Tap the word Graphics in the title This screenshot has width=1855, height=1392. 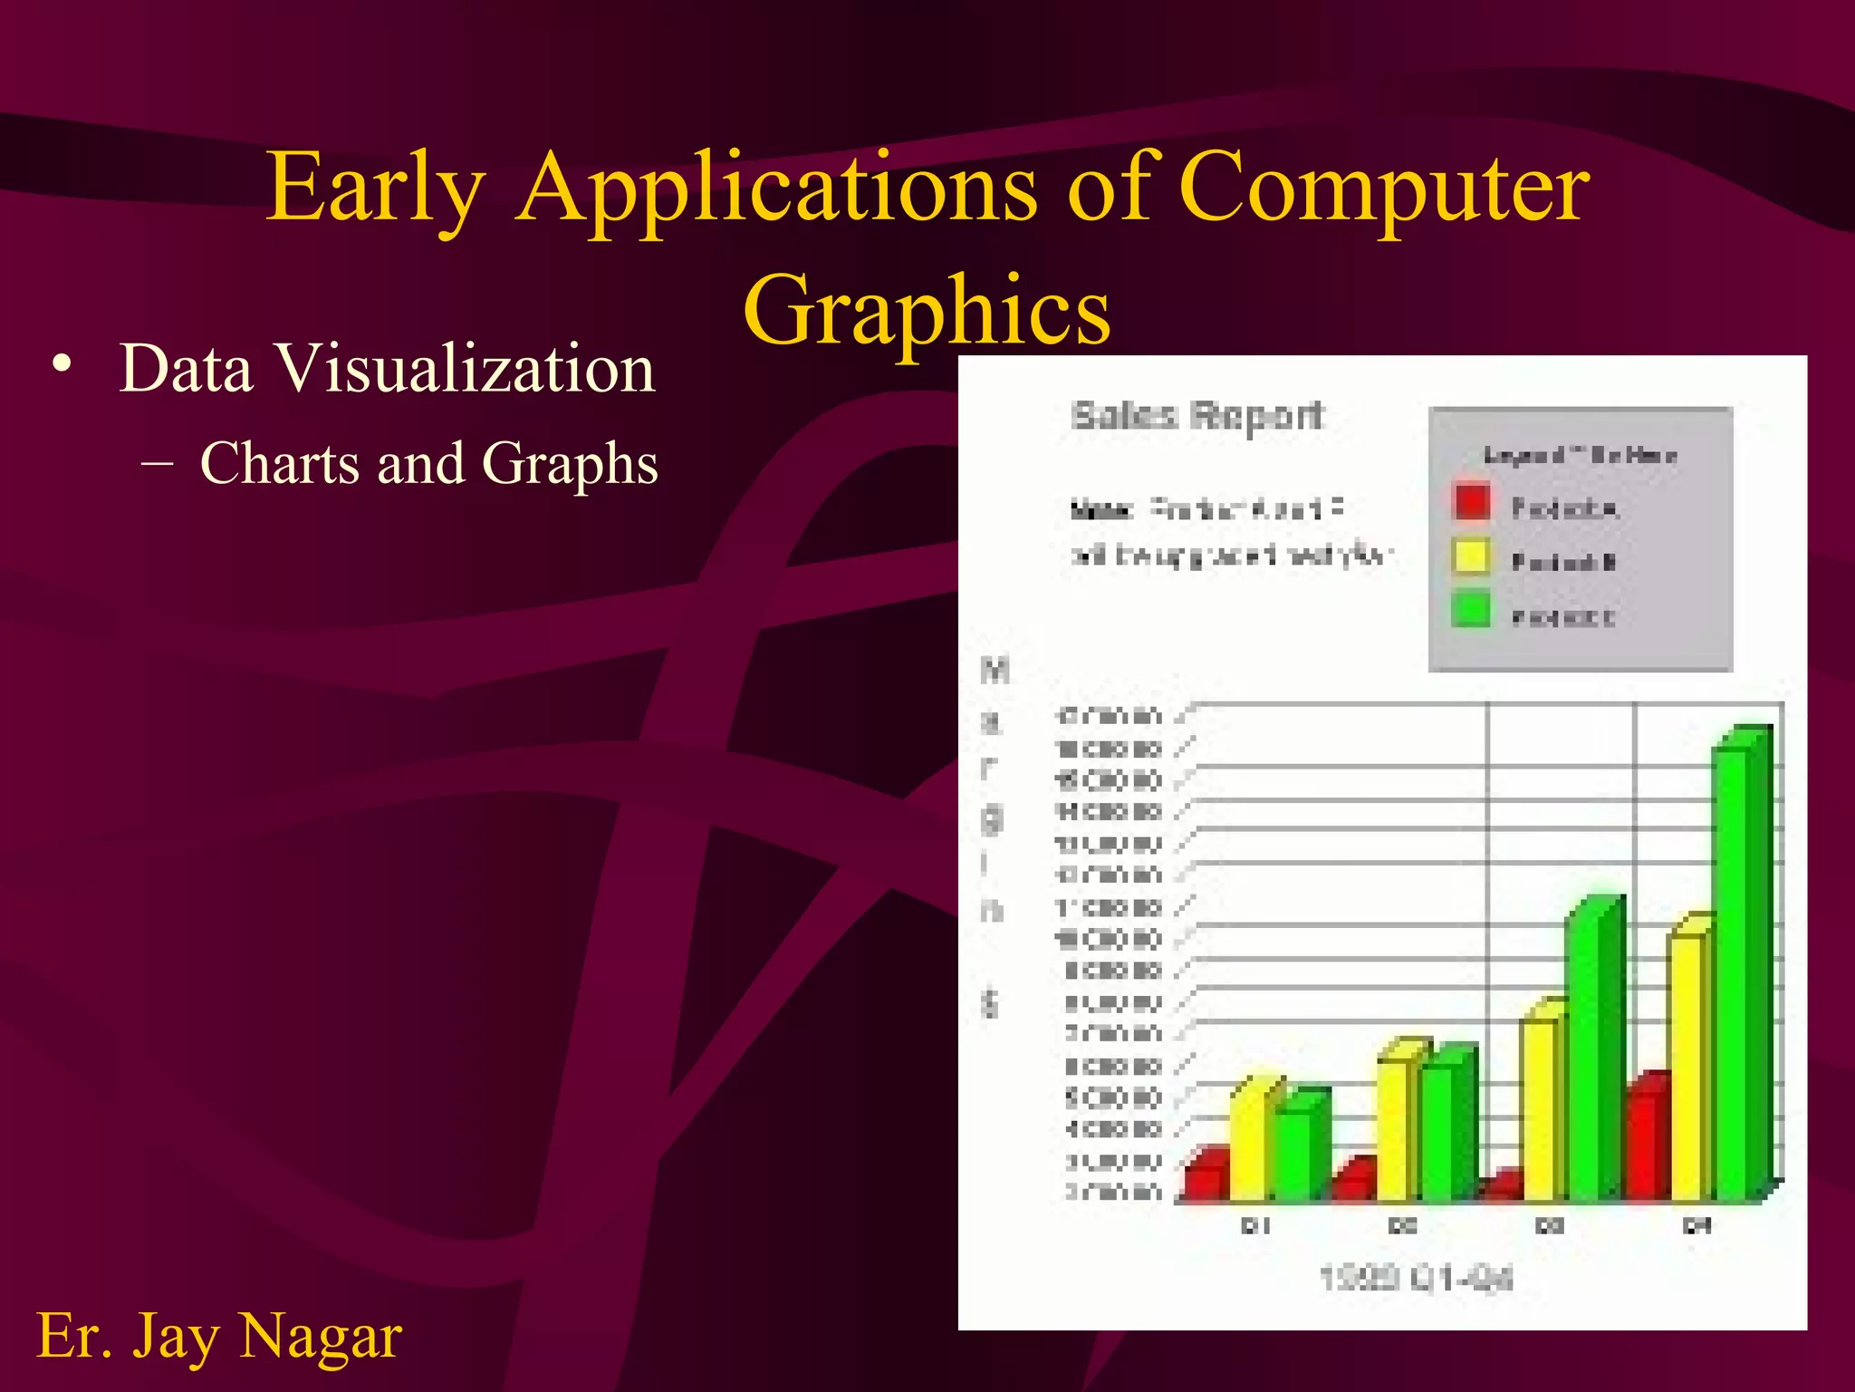(927, 311)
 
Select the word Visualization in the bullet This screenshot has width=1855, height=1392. (465, 369)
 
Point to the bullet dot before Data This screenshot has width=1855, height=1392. (62, 365)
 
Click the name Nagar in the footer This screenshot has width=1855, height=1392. (321, 1336)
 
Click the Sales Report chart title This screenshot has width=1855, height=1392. (1197, 416)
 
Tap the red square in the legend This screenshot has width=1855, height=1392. (1472, 502)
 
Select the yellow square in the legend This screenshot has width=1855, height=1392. (1472, 556)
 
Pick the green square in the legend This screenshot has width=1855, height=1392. (1472, 609)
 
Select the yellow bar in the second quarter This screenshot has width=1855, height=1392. (1395, 1128)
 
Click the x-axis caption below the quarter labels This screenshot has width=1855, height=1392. (1416, 1279)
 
